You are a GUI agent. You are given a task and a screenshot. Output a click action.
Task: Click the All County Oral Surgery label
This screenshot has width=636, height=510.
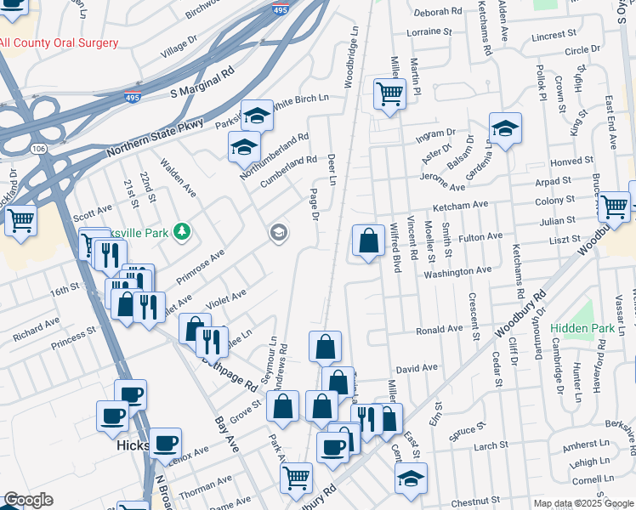click(58, 42)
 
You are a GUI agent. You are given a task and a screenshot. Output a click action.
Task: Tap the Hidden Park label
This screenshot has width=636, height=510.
click(582, 328)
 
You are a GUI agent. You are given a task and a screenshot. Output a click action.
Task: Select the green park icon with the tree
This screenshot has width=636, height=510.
click(180, 230)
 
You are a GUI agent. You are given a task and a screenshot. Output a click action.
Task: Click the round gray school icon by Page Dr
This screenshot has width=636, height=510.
click(278, 232)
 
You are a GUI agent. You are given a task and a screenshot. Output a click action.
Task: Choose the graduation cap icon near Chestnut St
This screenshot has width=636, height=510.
click(411, 478)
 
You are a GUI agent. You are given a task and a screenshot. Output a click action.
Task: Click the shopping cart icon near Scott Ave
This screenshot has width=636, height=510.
click(20, 219)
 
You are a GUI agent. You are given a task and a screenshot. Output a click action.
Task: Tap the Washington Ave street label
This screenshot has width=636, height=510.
click(458, 272)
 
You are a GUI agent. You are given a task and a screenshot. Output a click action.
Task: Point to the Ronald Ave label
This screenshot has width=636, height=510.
click(439, 328)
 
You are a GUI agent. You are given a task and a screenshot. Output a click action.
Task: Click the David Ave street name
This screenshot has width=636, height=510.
click(417, 368)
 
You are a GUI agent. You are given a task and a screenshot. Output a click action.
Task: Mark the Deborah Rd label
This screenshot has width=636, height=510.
click(438, 14)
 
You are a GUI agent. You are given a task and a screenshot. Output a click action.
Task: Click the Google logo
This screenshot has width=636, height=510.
click(28, 500)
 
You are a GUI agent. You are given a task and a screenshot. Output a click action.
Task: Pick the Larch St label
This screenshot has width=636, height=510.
click(491, 445)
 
